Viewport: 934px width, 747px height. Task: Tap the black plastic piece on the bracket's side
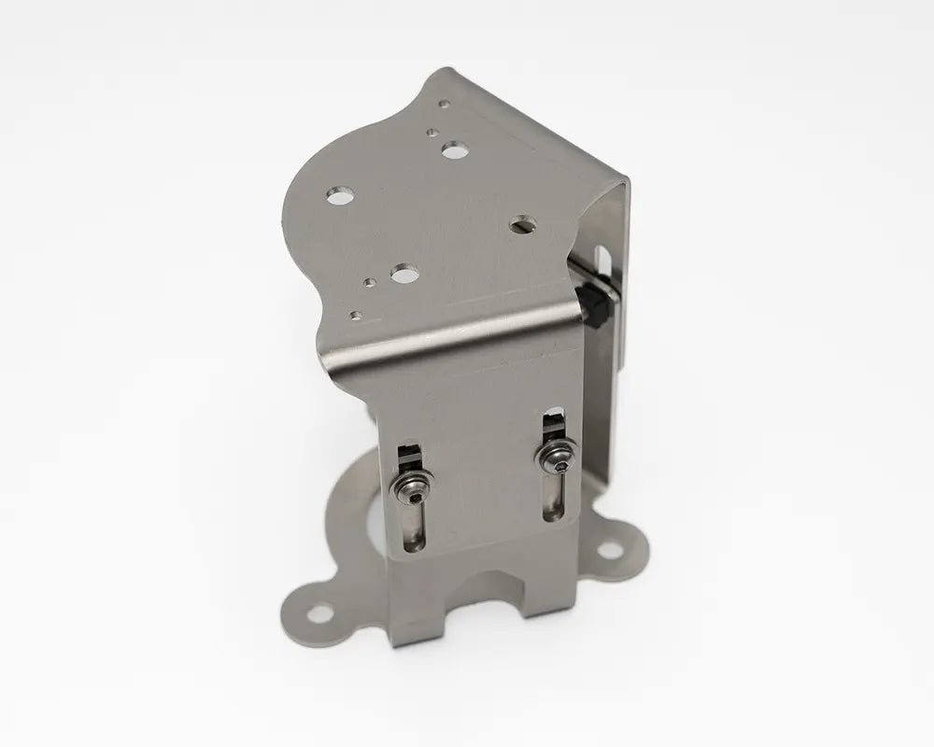click(590, 307)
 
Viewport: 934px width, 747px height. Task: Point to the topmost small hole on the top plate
click(446, 105)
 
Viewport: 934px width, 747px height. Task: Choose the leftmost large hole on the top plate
click(339, 194)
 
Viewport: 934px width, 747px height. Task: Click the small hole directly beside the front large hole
click(372, 279)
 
